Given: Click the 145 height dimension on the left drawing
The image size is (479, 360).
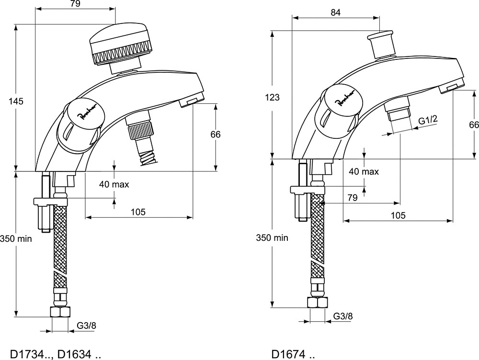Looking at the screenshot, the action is (16, 101).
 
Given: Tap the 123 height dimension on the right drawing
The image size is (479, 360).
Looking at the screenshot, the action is (272, 97).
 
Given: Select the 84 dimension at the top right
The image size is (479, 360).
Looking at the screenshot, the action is (335, 12).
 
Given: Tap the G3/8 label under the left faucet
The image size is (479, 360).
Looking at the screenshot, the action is (86, 326).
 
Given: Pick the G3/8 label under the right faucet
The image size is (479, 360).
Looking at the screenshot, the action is (343, 316).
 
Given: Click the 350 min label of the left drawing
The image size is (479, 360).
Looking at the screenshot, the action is (16, 238).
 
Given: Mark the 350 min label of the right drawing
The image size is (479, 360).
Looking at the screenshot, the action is (272, 237).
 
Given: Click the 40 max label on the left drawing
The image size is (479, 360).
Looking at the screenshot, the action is (114, 184).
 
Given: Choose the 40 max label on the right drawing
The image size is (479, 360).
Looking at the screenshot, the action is (364, 171).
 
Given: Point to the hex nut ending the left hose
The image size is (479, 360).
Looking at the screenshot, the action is (60, 312).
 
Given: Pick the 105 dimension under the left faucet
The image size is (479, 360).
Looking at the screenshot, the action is (138, 212).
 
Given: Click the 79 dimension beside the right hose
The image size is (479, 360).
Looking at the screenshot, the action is (352, 198).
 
